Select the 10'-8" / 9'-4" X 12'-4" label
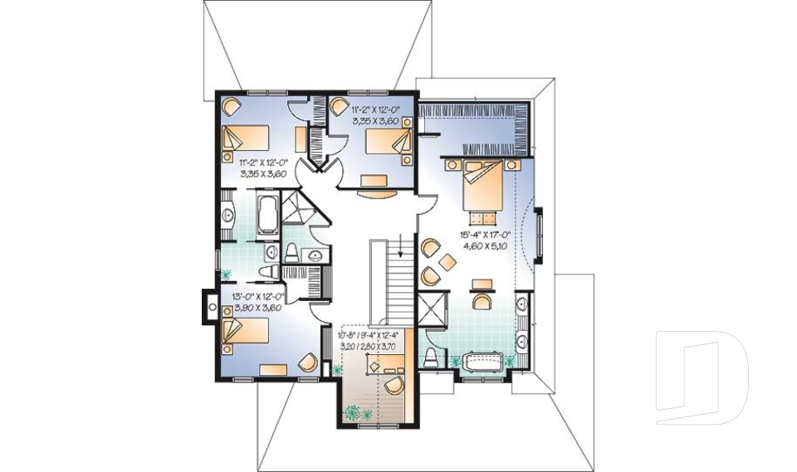click(370, 335)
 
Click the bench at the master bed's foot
click(481, 217)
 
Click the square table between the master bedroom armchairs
click(447, 262)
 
